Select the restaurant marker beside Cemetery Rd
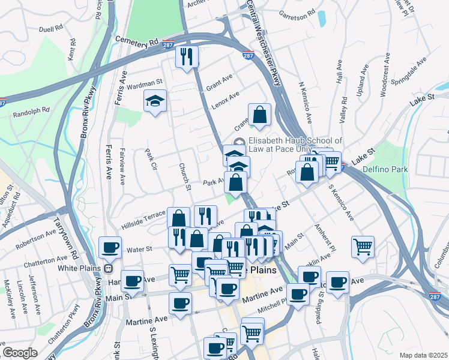(x=187, y=56)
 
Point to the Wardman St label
(x=145, y=83)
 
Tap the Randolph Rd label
(x=31, y=112)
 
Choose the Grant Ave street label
(x=219, y=80)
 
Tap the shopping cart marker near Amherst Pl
(x=363, y=246)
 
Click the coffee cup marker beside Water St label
(x=110, y=247)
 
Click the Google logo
(x=20, y=353)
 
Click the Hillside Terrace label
(x=143, y=219)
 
